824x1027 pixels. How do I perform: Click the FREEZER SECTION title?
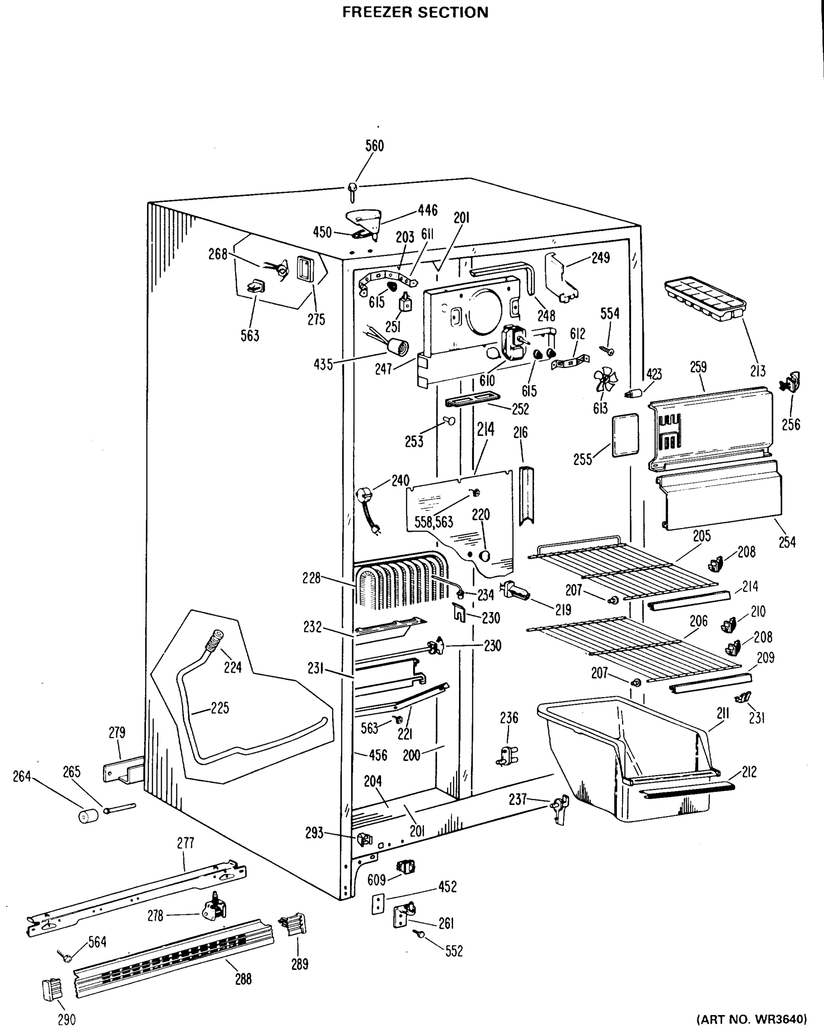[415, 12]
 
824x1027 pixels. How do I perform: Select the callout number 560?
[374, 146]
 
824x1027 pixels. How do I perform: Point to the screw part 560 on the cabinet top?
[353, 191]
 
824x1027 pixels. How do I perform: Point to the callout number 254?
[787, 542]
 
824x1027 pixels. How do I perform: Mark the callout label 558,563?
[433, 522]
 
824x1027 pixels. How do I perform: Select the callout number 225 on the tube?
[219, 708]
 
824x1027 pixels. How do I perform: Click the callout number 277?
[185, 843]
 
